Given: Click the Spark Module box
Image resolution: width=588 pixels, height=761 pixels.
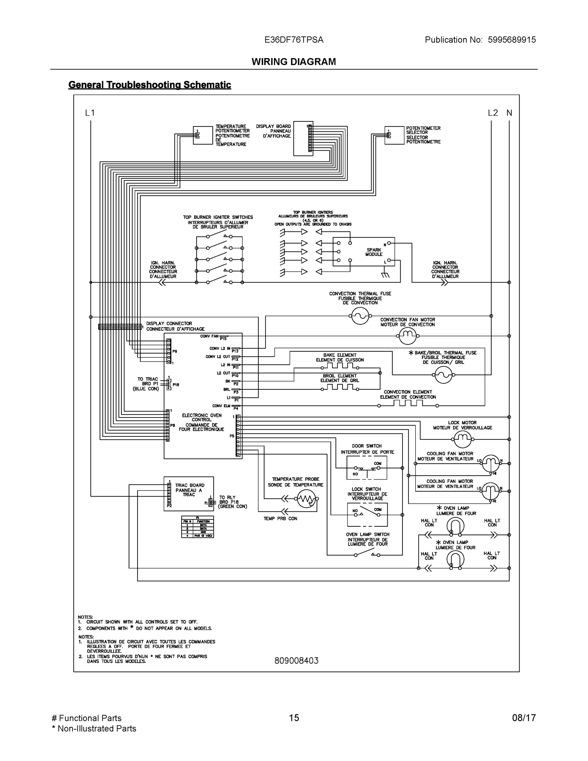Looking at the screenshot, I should click(364, 251).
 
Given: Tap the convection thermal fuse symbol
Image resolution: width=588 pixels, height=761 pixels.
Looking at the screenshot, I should click(360, 316).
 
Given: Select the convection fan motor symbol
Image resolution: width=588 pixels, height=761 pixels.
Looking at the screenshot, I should click(406, 336).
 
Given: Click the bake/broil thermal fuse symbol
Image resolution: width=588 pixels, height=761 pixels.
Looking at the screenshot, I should click(443, 375).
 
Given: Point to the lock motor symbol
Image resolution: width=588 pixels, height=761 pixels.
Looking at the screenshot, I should click(462, 439).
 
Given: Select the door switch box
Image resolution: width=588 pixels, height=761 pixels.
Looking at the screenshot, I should click(367, 468).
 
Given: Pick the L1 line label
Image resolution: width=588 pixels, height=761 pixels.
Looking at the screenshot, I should click(90, 113).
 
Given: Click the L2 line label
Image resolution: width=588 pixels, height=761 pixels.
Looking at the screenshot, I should click(493, 113).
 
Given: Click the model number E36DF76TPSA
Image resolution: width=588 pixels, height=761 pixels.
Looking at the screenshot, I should click(294, 40).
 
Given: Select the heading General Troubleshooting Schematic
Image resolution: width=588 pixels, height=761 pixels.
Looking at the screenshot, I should click(149, 85).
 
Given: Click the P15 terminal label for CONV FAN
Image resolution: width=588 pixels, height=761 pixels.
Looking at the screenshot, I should click(223, 339).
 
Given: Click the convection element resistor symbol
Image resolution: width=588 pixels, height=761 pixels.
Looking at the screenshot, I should click(408, 404).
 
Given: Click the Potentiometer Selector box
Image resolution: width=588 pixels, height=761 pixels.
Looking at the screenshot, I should click(394, 135).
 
